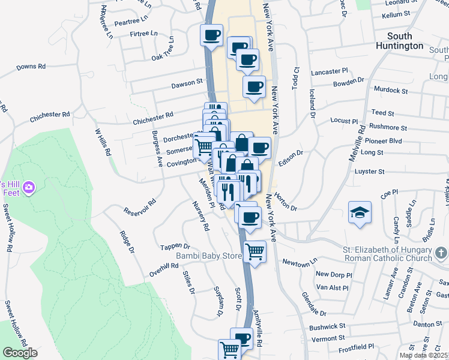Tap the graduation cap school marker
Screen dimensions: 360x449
(x=360, y=212)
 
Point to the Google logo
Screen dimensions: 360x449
(x=20, y=353)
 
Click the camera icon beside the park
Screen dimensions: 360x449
(x=28, y=190)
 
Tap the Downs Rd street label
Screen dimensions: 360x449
(x=31, y=67)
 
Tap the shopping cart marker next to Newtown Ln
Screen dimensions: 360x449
(x=255, y=252)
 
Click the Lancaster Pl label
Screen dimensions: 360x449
(x=330, y=72)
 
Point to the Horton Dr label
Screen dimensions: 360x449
(x=286, y=202)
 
